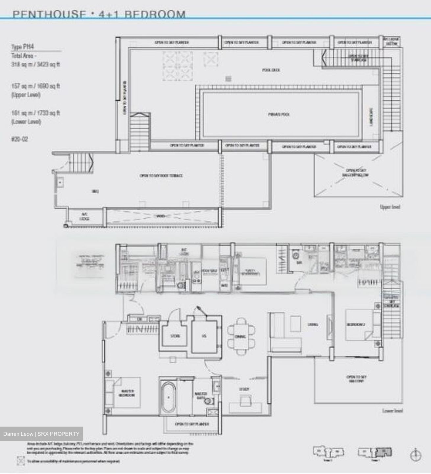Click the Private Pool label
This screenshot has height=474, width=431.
(x=278, y=115)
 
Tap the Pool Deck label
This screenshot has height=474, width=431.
(x=271, y=70)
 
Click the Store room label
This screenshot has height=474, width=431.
(x=175, y=336)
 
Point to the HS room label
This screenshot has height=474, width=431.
(x=204, y=336)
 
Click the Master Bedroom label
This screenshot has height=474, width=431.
(x=127, y=393)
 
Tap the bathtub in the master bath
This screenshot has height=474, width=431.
(x=168, y=397)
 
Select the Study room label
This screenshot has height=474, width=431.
(x=244, y=389)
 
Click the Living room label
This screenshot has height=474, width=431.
(x=313, y=325)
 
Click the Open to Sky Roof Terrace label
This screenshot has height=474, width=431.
(x=161, y=176)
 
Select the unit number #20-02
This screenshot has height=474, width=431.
(x=20, y=139)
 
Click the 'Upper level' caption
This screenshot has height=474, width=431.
(x=390, y=207)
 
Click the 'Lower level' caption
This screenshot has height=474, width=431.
(x=392, y=411)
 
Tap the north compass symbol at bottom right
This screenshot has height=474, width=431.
(x=416, y=455)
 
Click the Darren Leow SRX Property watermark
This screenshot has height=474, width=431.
(x=41, y=434)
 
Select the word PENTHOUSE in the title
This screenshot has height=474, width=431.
(x=47, y=14)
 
